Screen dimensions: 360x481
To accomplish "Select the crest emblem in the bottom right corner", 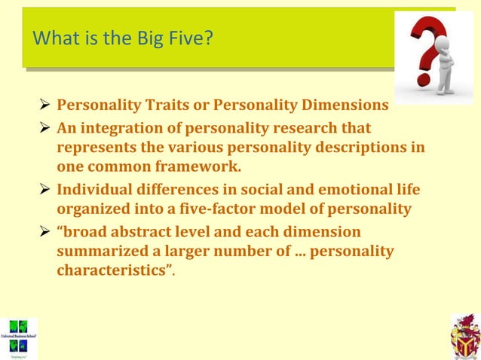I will [464, 336].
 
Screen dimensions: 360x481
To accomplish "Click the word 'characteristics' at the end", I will [110, 270].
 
